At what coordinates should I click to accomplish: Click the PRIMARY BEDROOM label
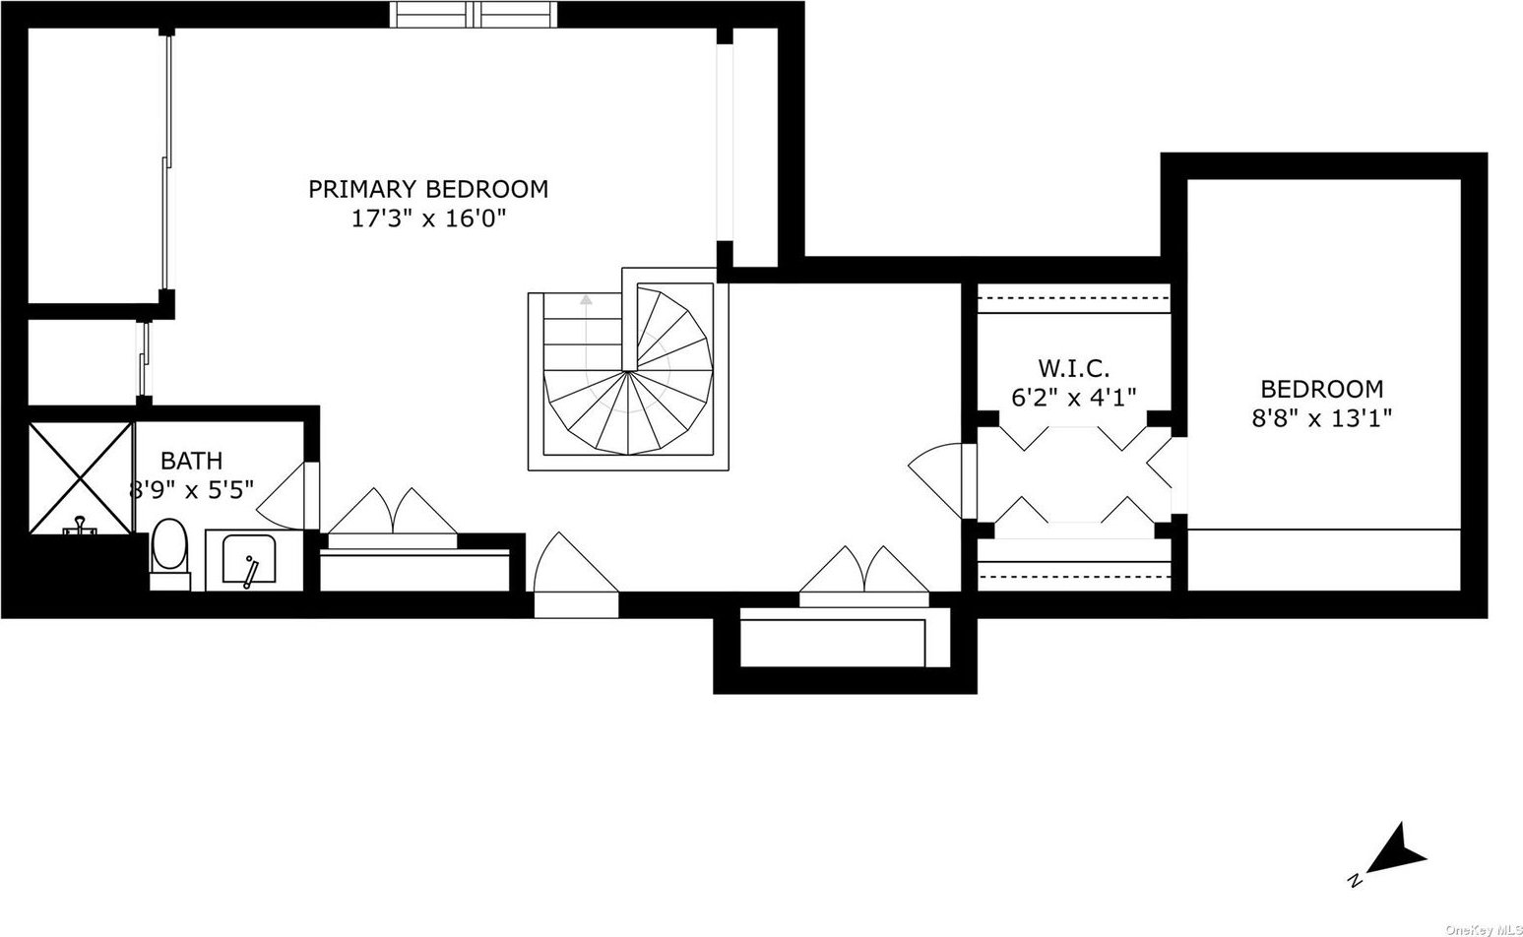(428, 189)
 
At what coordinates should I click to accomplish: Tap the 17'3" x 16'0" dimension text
(429, 219)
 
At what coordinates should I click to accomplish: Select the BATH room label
(192, 461)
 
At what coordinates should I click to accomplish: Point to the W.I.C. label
(1073, 368)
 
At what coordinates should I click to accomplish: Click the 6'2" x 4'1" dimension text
(1074, 397)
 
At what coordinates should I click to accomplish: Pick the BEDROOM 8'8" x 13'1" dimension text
(1322, 417)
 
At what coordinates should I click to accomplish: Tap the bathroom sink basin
(249, 559)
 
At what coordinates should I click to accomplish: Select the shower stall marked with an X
(80, 477)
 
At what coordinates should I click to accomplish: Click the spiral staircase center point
(630, 371)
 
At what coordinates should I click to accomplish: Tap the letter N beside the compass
(1355, 899)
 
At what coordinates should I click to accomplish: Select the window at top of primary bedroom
(474, 15)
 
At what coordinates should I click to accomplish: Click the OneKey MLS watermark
(1485, 929)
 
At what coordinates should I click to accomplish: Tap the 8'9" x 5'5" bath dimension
(192, 489)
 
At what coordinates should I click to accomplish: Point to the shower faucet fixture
(80, 527)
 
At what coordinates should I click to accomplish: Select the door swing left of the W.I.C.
(935, 480)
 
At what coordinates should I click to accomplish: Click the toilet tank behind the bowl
(170, 582)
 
